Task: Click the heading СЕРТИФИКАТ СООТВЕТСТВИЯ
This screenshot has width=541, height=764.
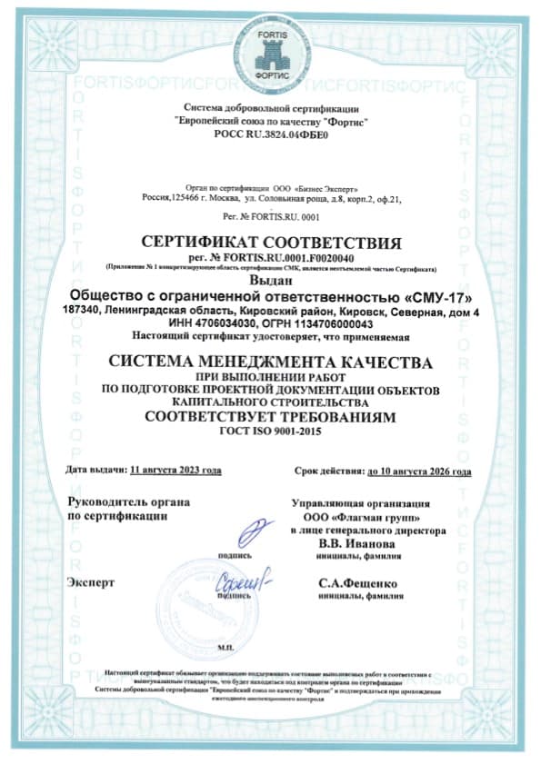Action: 271,243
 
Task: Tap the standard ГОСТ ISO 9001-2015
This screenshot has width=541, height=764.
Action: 270,434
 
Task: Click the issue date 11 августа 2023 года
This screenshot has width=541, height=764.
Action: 176,471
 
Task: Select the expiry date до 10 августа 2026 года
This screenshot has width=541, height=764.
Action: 418,471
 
